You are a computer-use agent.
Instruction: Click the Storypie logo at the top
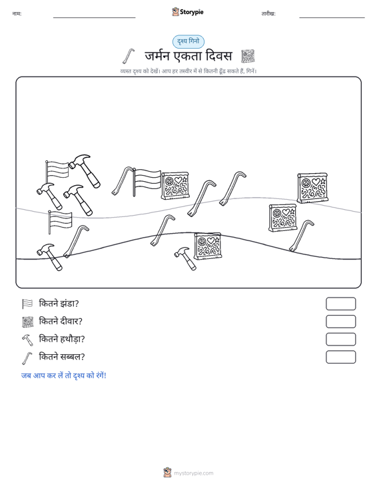pos(188,12)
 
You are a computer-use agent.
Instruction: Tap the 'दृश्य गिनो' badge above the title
pos(188,41)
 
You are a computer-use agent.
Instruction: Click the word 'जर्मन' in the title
pos(157,56)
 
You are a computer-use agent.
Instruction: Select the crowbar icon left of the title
pos(129,56)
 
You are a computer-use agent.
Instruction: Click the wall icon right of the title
pos(248,57)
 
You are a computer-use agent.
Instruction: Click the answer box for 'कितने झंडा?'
pos(340,304)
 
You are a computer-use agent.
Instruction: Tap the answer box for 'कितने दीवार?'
pos(340,322)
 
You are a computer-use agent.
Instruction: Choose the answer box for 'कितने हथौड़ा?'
pos(340,340)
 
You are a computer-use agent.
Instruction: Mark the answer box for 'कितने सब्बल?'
pos(340,357)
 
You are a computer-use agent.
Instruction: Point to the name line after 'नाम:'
pos(95,17)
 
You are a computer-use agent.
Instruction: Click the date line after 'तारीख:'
pos(332,17)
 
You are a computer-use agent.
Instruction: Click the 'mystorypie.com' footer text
pos(194,473)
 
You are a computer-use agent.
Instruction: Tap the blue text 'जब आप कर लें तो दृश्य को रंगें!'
pos(64,375)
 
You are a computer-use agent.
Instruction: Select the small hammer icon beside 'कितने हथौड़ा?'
pos(27,340)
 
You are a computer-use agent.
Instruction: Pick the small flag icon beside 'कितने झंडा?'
pos(27,304)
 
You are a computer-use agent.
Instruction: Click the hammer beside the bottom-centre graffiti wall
pos(186,258)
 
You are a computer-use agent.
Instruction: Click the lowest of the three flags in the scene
pos(59,221)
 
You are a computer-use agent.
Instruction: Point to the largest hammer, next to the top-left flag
pos(85,170)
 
